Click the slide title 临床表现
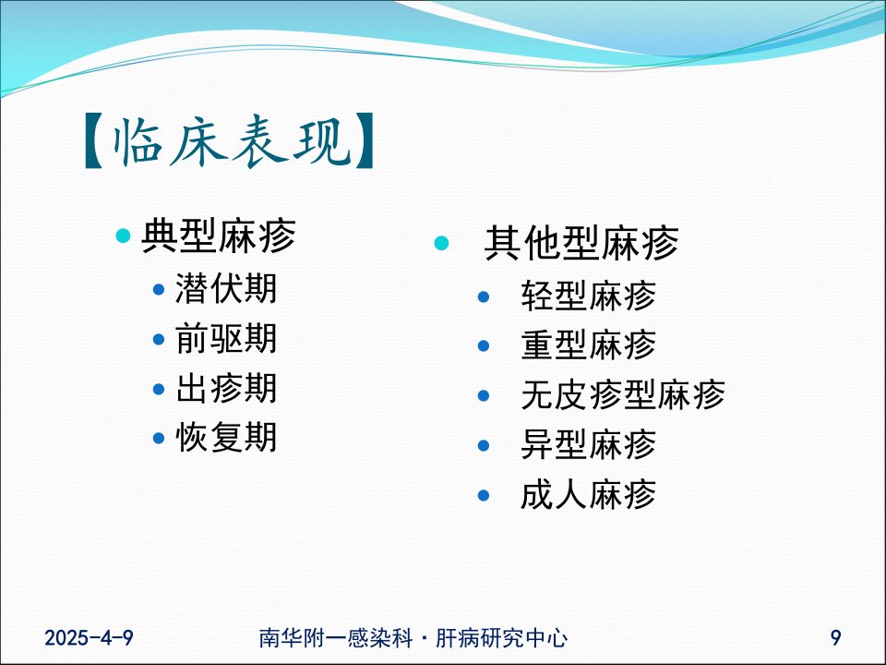pyautogui.click(x=231, y=141)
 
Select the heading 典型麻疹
pyautogui.click(x=219, y=236)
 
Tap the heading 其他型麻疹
pyautogui.click(x=581, y=243)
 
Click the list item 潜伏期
pyautogui.click(x=226, y=288)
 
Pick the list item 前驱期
pyautogui.click(x=226, y=338)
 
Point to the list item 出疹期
pyautogui.click(x=226, y=388)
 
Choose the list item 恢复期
pyautogui.click(x=226, y=437)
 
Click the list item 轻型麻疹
pyautogui.click(x=588, y=296)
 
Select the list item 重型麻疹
pyautogui.click(x=588, y=345)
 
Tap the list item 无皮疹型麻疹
pyautogui.click(x=623, y=394)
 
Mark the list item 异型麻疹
pyautogui.click(x=588, y=444)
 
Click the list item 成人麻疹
pyautogui.click(x=588, y=494)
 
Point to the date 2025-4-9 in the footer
pyautogui.click(x=89, y=638)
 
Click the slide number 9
pyautogui.click(x=836, y=638)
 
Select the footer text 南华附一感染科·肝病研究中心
pyautogui.click(x=413, y=638)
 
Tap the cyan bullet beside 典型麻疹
pyautogui.click(x=123, y=236)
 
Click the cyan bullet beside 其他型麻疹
pyautogui.click(x=441, y=243)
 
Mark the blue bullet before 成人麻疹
pyautogui.click(x=483, y=495)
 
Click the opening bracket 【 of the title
pyautogui.click(x=94, y=141)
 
